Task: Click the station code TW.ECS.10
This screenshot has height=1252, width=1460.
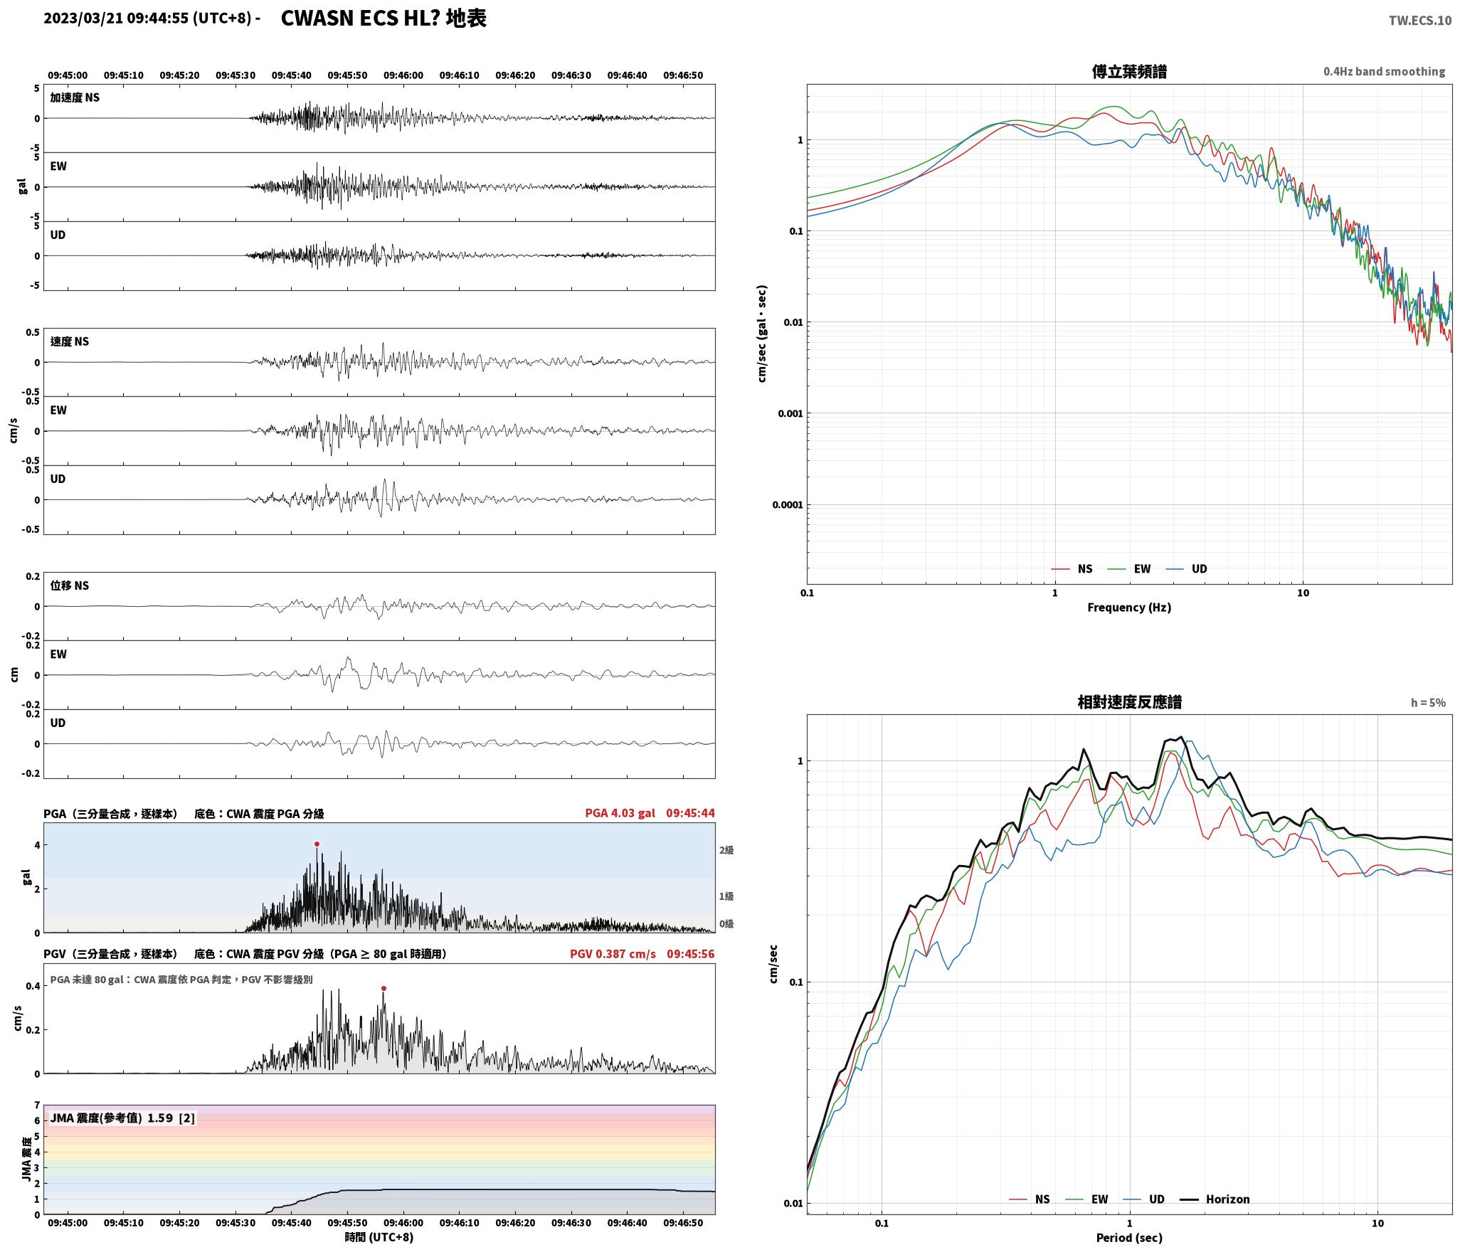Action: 1419,21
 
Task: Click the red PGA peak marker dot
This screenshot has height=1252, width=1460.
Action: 317,844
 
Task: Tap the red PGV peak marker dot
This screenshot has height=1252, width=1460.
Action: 383,988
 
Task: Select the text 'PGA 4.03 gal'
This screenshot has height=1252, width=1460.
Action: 620,812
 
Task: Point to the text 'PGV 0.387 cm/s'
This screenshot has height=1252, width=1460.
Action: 613,953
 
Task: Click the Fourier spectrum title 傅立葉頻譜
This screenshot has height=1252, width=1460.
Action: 1129,71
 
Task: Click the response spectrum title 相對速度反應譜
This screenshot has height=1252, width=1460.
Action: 1129,702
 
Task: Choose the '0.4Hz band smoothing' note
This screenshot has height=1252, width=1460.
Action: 1384,72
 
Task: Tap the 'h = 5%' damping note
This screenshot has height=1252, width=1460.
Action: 1428,703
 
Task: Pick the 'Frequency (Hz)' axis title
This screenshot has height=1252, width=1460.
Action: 1129,607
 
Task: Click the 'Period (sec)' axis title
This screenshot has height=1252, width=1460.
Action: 1129,1237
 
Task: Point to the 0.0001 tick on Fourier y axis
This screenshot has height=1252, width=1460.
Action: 787,505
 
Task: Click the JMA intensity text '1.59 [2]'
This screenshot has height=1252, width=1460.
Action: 171,1118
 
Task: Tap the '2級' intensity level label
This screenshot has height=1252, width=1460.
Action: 726,850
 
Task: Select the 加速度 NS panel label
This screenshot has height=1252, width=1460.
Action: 75,97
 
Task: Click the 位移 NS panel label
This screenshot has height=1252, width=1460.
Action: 70,585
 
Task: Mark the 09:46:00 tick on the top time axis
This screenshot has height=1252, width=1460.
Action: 403,75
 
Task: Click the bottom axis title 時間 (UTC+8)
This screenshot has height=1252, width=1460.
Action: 379,1236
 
